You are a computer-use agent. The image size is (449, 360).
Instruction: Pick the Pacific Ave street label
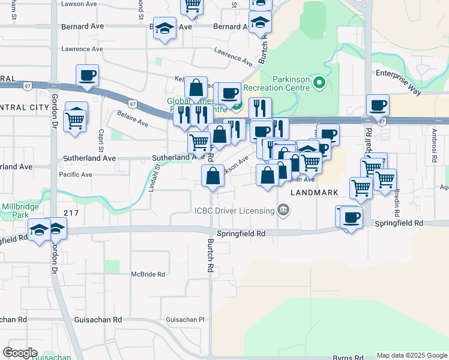coord(75,175)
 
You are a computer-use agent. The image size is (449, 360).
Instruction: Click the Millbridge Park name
coord(16,210)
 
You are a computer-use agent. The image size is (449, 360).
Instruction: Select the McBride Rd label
coord(148,274)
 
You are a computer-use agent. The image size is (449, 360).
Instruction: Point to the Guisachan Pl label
coord(185,320)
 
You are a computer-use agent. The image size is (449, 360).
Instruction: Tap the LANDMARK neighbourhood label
coord(315,193)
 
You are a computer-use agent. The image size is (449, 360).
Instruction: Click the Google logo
coord(20,352)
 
